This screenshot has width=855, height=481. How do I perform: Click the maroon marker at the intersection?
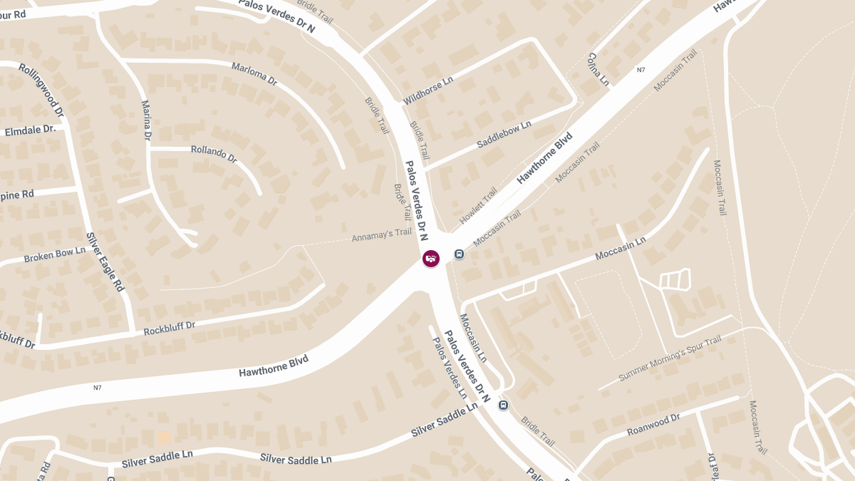pos(431,258)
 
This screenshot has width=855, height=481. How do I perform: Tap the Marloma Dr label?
pos(254,74)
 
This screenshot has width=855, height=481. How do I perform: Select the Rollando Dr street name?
pos(214,154)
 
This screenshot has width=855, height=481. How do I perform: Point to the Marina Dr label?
pos(147,120)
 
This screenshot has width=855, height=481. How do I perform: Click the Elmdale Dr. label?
pos(30,130)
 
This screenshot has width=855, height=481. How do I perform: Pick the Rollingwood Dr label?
pos(41,90)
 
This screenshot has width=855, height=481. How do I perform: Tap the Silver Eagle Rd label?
pos(105,261)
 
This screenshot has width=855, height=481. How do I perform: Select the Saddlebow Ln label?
pos(504,134)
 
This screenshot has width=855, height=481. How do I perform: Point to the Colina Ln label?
pos(598,69)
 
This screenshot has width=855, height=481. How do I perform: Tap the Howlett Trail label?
pos(479,204)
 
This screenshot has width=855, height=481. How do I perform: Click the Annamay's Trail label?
pos(382,234)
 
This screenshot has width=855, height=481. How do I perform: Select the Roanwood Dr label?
pos(653,424)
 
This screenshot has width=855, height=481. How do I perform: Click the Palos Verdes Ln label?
pos(450,366)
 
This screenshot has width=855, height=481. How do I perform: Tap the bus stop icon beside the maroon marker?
pos(460,254)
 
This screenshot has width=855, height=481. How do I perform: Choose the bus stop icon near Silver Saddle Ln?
pos(504,405)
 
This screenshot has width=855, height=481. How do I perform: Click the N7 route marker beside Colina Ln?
pos(641,70)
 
